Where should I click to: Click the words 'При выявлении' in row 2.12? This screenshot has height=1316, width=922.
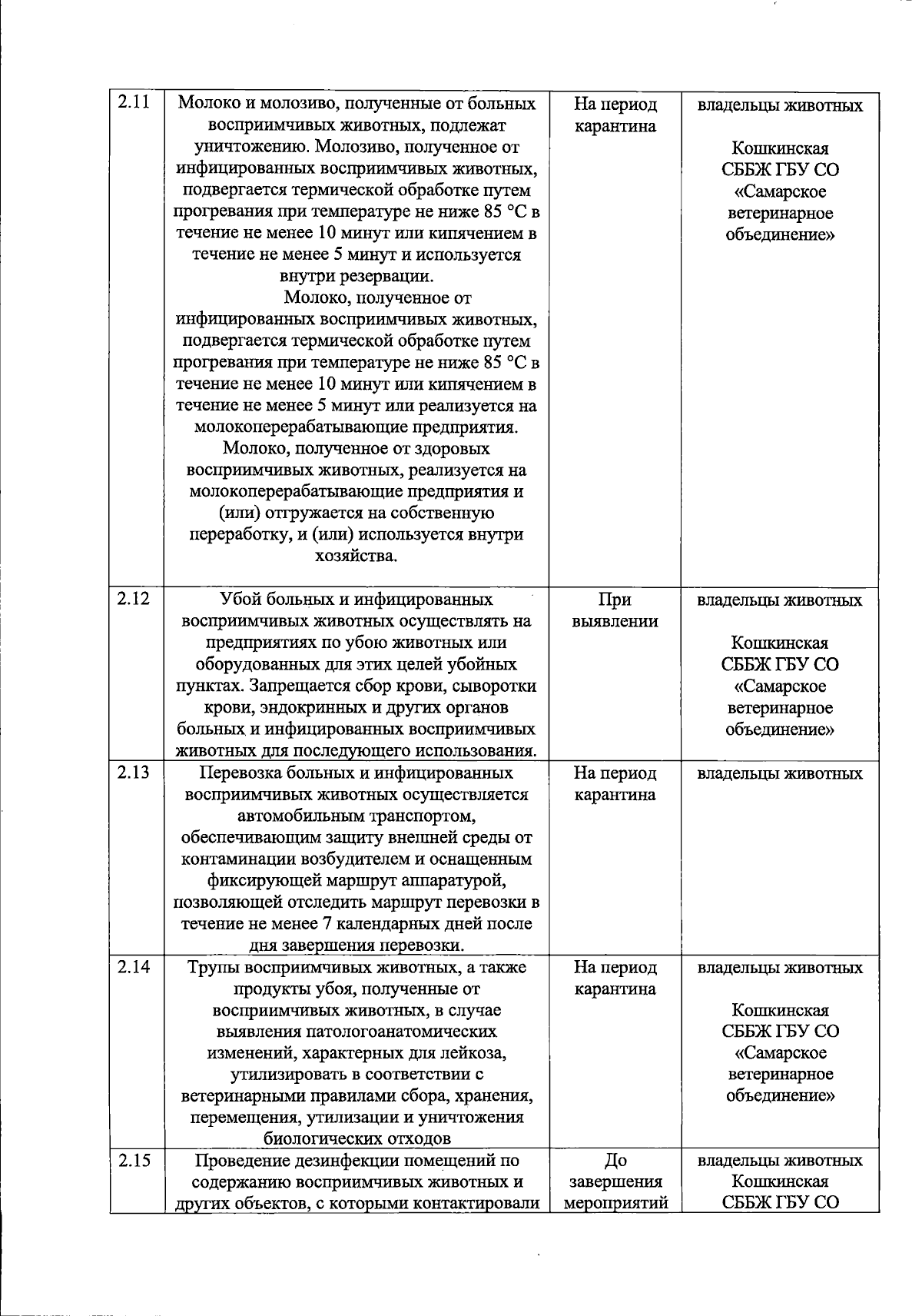[615, 610]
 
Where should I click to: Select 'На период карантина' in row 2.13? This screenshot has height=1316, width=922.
[615, 784]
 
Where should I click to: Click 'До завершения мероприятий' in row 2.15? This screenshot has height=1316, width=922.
[615, 1182]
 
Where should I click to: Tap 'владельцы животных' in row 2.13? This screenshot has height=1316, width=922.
[780, 773]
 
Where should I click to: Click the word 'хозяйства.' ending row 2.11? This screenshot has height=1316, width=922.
[357, 556]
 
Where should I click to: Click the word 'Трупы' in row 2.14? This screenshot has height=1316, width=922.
[214, 967]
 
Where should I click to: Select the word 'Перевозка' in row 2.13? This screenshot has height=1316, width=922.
[236, 773]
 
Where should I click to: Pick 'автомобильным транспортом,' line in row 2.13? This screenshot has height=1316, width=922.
[357, 816]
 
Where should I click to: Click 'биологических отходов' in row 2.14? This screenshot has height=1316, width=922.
[357, 1138]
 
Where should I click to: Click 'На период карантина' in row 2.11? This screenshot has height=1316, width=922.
[615, 115]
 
